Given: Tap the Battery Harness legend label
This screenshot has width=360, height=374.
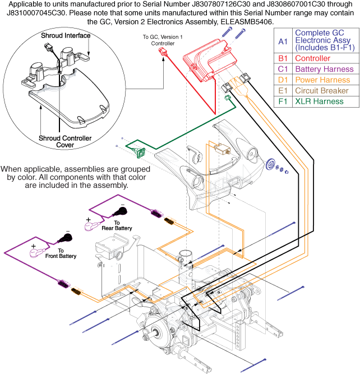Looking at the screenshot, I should [325, 69].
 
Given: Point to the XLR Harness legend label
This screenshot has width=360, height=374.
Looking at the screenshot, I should [320, 101].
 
